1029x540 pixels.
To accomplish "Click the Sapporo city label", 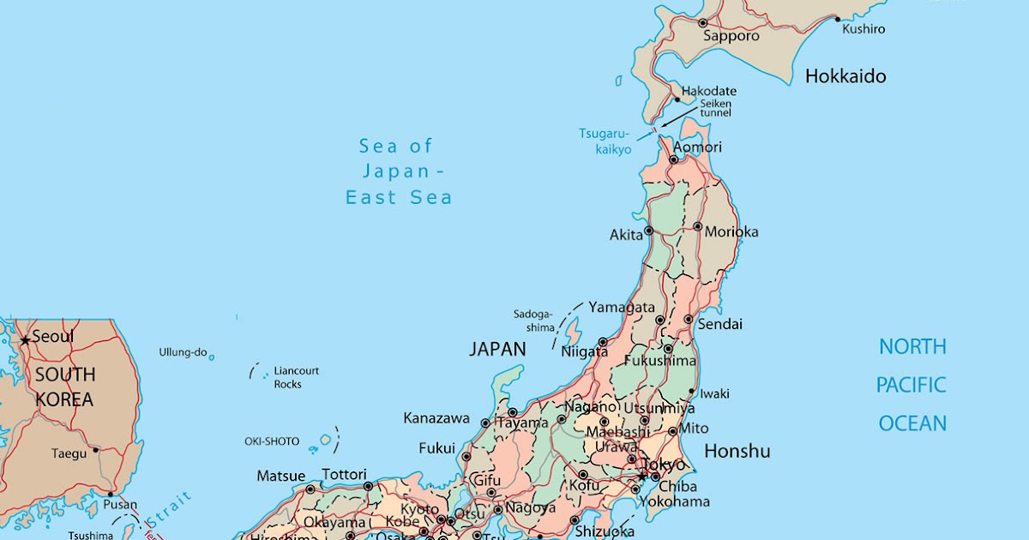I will point(731,36).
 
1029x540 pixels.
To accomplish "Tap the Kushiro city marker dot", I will point(837,18).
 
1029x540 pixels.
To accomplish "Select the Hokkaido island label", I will point(845,76).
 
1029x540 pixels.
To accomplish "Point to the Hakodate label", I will point(708,91).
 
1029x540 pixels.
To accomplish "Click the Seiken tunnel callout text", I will point(716,108).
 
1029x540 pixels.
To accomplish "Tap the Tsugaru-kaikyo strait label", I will point(605,141).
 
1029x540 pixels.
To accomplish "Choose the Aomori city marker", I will point(674,159).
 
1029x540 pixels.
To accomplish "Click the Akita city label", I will point(625,234).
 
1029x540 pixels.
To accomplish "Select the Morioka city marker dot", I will point(698,227).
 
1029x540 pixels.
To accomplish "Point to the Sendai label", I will point(719,325).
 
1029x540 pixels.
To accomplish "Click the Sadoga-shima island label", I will point(534,321).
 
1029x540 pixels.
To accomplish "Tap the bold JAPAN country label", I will point(497,349).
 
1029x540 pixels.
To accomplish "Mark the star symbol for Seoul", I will point(25,340).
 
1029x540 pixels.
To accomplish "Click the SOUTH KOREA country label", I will point(64,387).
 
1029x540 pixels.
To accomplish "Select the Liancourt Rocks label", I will point(296,377).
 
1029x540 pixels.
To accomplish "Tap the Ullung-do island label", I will point(183,352).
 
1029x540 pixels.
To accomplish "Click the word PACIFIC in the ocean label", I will point(911,385).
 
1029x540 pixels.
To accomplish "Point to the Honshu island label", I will point(737,451).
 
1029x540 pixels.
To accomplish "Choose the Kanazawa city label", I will point(436,418).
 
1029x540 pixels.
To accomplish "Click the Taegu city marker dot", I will point(96,449).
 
